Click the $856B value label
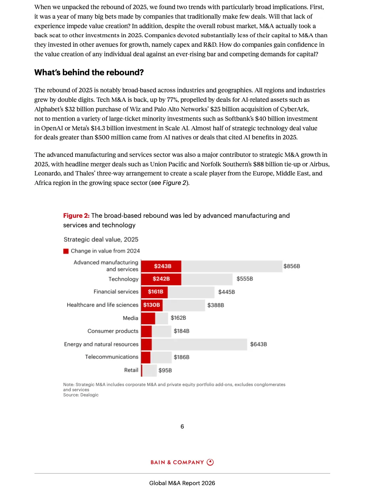coord(292,266)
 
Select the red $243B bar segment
coord(162,266)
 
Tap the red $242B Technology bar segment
coord(162,279)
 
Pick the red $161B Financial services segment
coord(155,292)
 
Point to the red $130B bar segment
coord(152,305)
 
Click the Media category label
coord(131,318)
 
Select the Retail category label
coord(131,370)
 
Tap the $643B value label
coord(259,344)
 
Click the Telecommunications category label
coord(112,357)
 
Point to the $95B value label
coord(165,371)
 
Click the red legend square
coord(66,251)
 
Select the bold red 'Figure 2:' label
coord(76,216)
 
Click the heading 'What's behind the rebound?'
coord(89,72)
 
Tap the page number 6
coord(182,426)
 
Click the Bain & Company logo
coord(182,462)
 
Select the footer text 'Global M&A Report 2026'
coord(182,483)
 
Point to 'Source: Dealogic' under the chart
coord(81,395)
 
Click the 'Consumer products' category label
coord(113,331)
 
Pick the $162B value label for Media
coord(178,318)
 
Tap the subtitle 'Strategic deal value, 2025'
coord(101,240)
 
